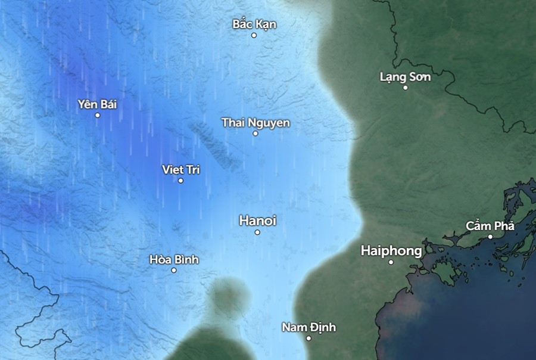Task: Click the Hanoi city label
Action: pyautogui.click(x=257, y=221)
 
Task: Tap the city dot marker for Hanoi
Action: pyautogui.click(x=257, y=232)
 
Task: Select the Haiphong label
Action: pyautogui.click(x=391, y=251)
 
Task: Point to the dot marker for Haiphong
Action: pyautogui.click(x=391, y=262)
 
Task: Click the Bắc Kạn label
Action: pyautogui.click(x=254, y=24)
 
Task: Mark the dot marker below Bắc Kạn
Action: pyautogui.click(x=254, y=35)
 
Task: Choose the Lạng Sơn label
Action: pyautogui.click(x=404, y=77)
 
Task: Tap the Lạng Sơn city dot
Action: pyautogui.click(x=406, y=88)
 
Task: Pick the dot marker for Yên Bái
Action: pyautogui.click(x=98, y=115)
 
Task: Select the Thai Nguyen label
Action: pyautogui.click(x=255, y=123)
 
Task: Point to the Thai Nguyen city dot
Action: pyautogui.click(x=255, y=134)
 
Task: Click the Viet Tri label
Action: pyautogui.click(x=181, y=170)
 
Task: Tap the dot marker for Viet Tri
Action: pyautogui.click(x=181, y=181)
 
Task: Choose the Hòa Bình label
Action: pyautogui.click(x=174, y=260)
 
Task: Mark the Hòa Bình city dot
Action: pyautogui.click(x=174, y=271)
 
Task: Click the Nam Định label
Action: pyautogui.click(x=308, y=327)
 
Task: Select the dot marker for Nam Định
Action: pyautogui.click(x=308, y=339)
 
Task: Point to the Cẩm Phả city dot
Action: pyautogui.click(x=491, y=237)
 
